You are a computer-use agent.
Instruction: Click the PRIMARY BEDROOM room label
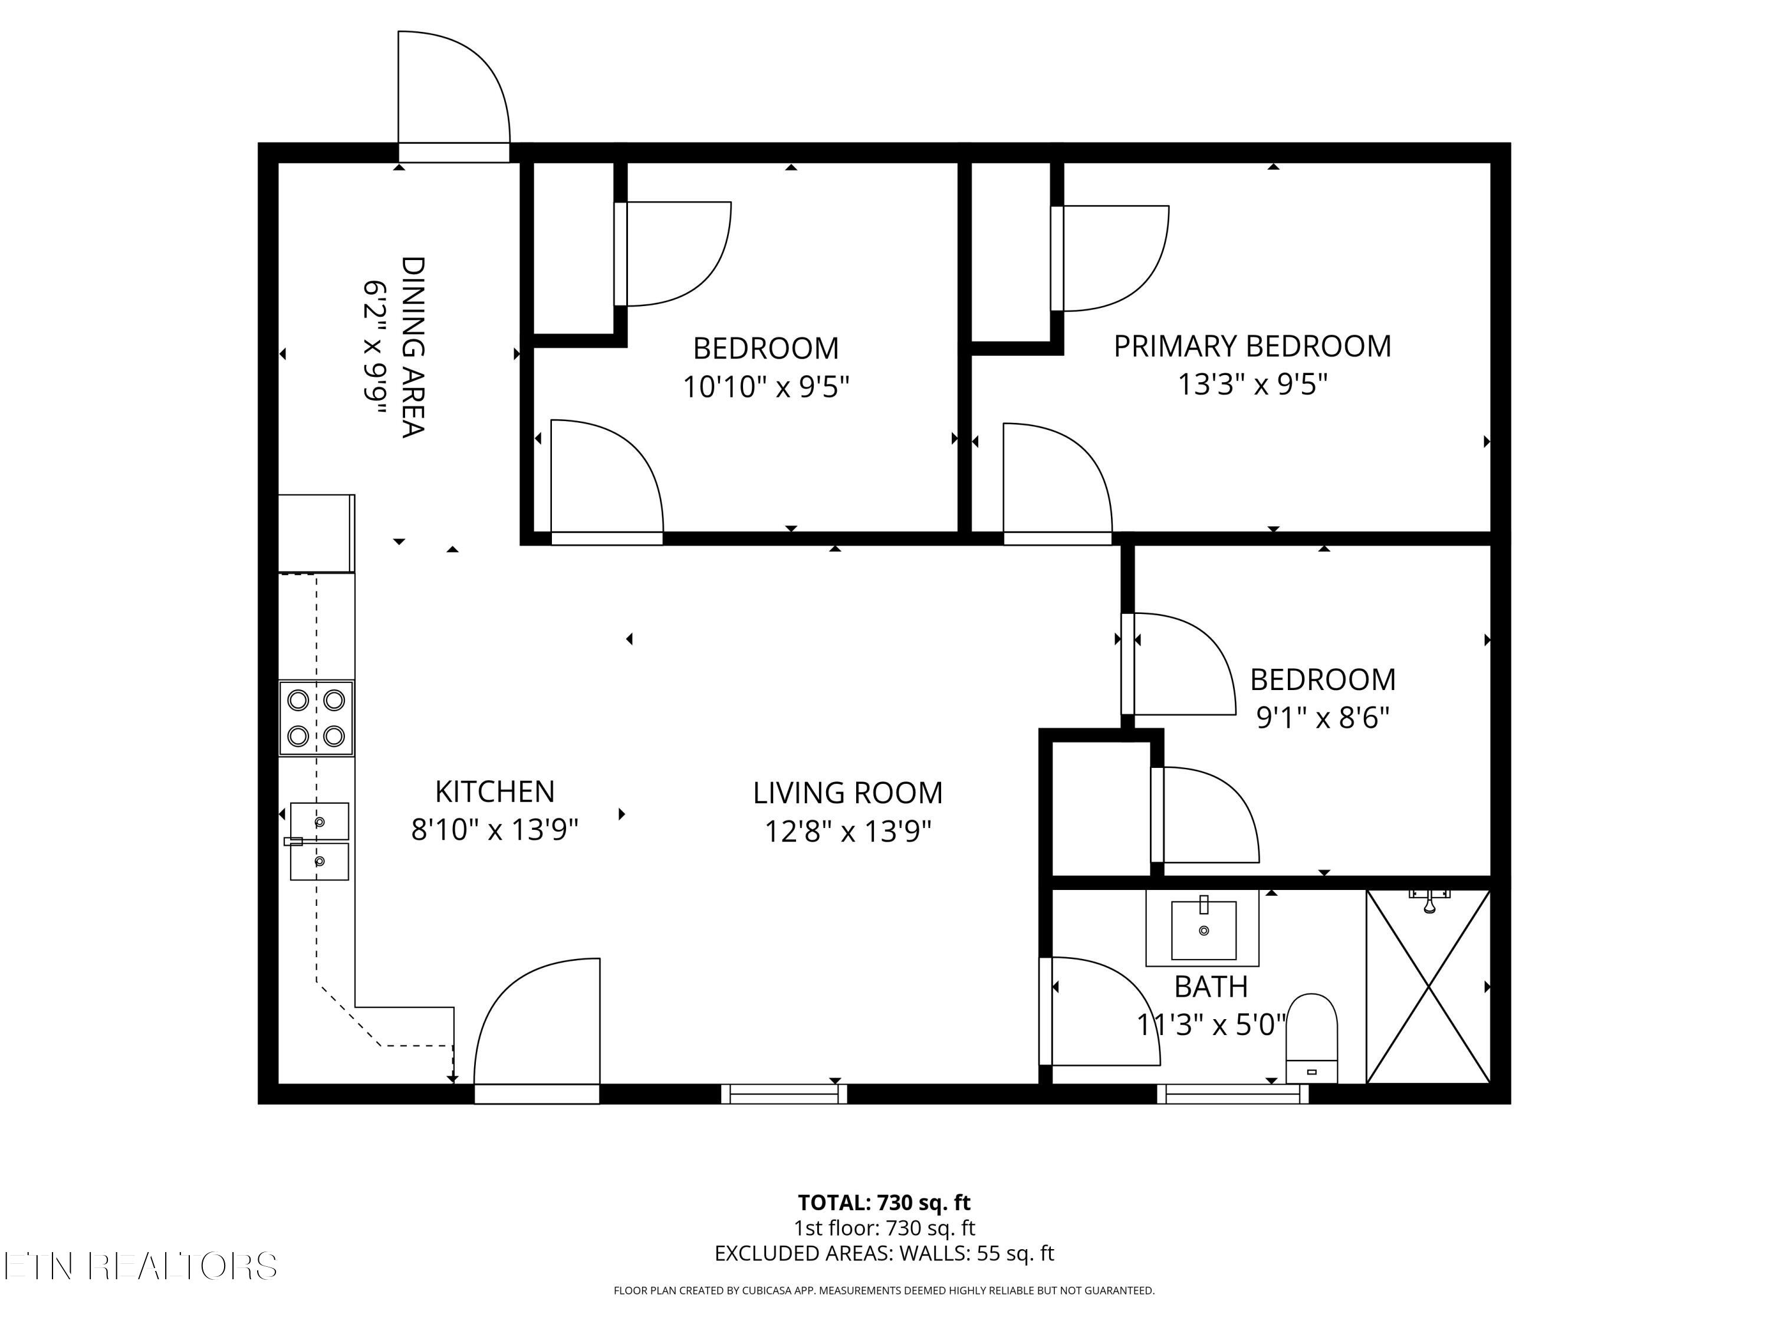[1252, 346]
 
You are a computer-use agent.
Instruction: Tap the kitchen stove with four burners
[316, 718]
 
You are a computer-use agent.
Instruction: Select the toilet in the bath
[1311, 1037]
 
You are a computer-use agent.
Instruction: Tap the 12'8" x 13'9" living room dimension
[848, 832]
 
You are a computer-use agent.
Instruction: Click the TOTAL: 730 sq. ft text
[884, 1202]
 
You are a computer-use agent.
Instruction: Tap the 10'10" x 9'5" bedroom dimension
[765, 387]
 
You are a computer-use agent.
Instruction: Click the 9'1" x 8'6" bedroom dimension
[1323, 718]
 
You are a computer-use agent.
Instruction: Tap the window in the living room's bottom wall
[784, 1093]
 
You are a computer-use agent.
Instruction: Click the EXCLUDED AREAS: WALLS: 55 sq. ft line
[884, 1253]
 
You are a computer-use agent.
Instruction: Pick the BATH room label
[1211, 987]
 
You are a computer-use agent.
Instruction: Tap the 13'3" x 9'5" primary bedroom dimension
[1252, 385]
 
